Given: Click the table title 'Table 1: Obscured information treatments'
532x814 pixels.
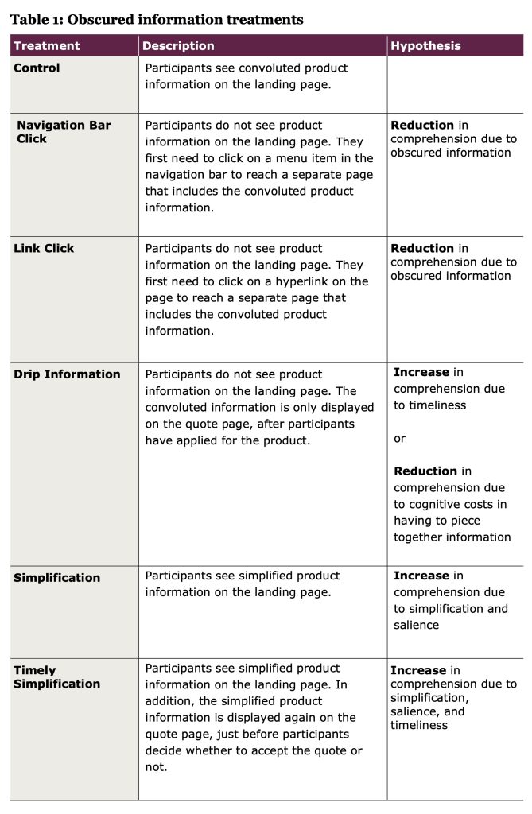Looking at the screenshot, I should tap(157, 19).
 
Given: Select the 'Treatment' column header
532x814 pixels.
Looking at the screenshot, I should tap(47, 46).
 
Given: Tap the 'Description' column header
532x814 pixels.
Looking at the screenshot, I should tap(179, 46).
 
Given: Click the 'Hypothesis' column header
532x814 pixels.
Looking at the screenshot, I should tap(425, 46).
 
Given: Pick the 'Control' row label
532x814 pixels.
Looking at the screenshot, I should tap(37, 68).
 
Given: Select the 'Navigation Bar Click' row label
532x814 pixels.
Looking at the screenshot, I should tap(64, 131).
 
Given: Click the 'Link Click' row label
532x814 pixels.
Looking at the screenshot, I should tap(44, 248).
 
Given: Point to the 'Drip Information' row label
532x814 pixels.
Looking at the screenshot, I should tap(67, 374).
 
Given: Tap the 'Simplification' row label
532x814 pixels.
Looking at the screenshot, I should tap(56, 578).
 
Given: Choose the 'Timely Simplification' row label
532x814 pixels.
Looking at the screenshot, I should tap(56, 676).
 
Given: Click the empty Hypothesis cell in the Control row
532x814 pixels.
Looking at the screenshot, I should tap(454, 83).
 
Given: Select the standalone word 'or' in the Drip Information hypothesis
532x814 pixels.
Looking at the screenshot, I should tap(399, 438).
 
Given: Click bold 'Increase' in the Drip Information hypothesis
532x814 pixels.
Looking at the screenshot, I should tap(421, 372).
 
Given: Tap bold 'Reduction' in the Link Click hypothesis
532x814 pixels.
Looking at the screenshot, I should tap(422, 248).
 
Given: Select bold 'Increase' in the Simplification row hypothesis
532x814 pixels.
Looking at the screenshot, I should tap(421, 576).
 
